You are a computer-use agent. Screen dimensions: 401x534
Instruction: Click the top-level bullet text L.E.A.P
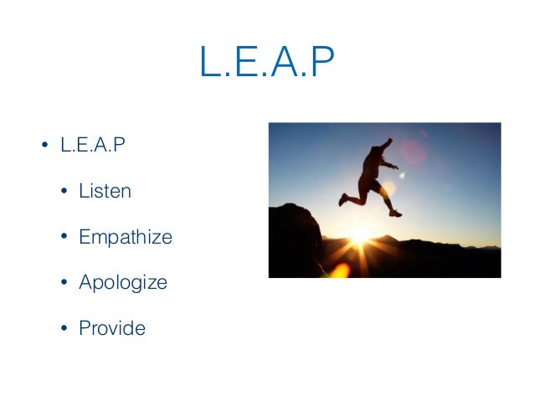(92, 146)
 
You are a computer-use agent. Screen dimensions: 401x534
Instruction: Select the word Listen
(105, 191)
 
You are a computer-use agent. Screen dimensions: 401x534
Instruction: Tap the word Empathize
(125, 237)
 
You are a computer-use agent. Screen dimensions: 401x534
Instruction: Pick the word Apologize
(122, 282)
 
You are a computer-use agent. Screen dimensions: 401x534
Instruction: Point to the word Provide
(111, 328)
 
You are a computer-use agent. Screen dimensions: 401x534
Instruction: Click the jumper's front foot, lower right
(395, 213)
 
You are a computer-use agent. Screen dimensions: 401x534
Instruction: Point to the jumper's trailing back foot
(342, 200)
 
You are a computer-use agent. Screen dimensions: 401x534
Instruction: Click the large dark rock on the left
(293, 239)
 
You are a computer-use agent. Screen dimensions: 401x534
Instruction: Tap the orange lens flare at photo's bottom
(338, 270)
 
